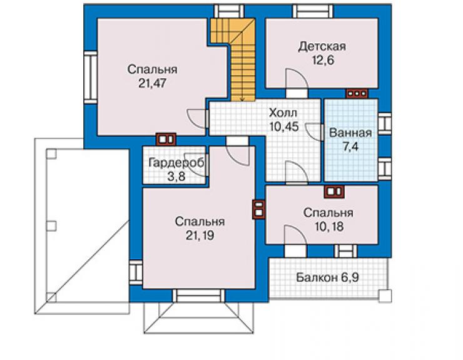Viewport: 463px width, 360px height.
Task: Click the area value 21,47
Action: [153, 84]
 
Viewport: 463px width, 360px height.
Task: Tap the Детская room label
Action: [322, 47]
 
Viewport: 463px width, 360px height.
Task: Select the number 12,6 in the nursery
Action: [323, 60]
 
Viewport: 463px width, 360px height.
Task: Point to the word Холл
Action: [283, 113]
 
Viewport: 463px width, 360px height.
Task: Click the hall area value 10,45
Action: [284, 126]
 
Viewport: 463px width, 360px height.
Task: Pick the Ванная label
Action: [350, 133]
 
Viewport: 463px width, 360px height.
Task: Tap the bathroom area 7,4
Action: [351, 147]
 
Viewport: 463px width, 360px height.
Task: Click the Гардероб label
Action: [176, 163]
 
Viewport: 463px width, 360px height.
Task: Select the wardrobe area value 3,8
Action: [176, 177]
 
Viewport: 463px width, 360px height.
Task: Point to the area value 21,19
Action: [200, 235]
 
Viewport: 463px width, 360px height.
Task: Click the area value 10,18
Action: [328, 227]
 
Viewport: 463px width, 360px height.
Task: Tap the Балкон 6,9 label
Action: [327, 277]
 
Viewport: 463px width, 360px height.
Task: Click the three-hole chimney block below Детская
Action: [357, 93]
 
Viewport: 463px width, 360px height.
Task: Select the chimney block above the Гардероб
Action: [166, 139]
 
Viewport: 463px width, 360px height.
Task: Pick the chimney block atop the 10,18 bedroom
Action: [334, 192]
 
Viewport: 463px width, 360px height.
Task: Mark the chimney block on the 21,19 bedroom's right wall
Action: [258, 210]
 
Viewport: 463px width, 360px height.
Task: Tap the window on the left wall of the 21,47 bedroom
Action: [90, 78]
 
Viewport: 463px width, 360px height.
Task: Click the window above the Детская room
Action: [313, 11]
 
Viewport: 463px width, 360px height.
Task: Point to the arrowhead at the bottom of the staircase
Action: [242, 100]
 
